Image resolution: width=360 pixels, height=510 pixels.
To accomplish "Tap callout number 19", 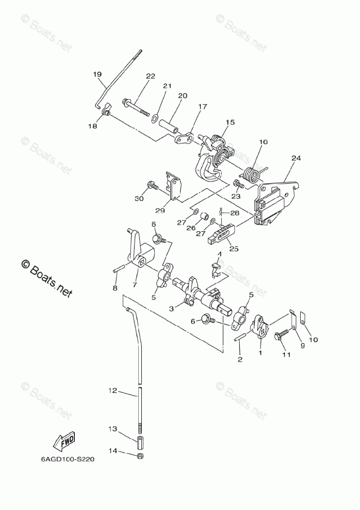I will [x=97, y=74].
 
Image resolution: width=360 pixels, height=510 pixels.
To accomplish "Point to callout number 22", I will [x=150, y=76].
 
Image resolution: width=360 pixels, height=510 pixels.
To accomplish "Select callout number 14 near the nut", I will [x=113, y=451].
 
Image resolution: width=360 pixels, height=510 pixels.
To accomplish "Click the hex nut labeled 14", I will [x=140, y=455].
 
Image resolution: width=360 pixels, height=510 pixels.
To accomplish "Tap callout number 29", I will [x=160, y=210].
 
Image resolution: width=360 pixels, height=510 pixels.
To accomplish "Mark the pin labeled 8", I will [x=118, y=268].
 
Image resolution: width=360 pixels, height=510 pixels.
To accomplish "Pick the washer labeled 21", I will [x=155, y=119].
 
